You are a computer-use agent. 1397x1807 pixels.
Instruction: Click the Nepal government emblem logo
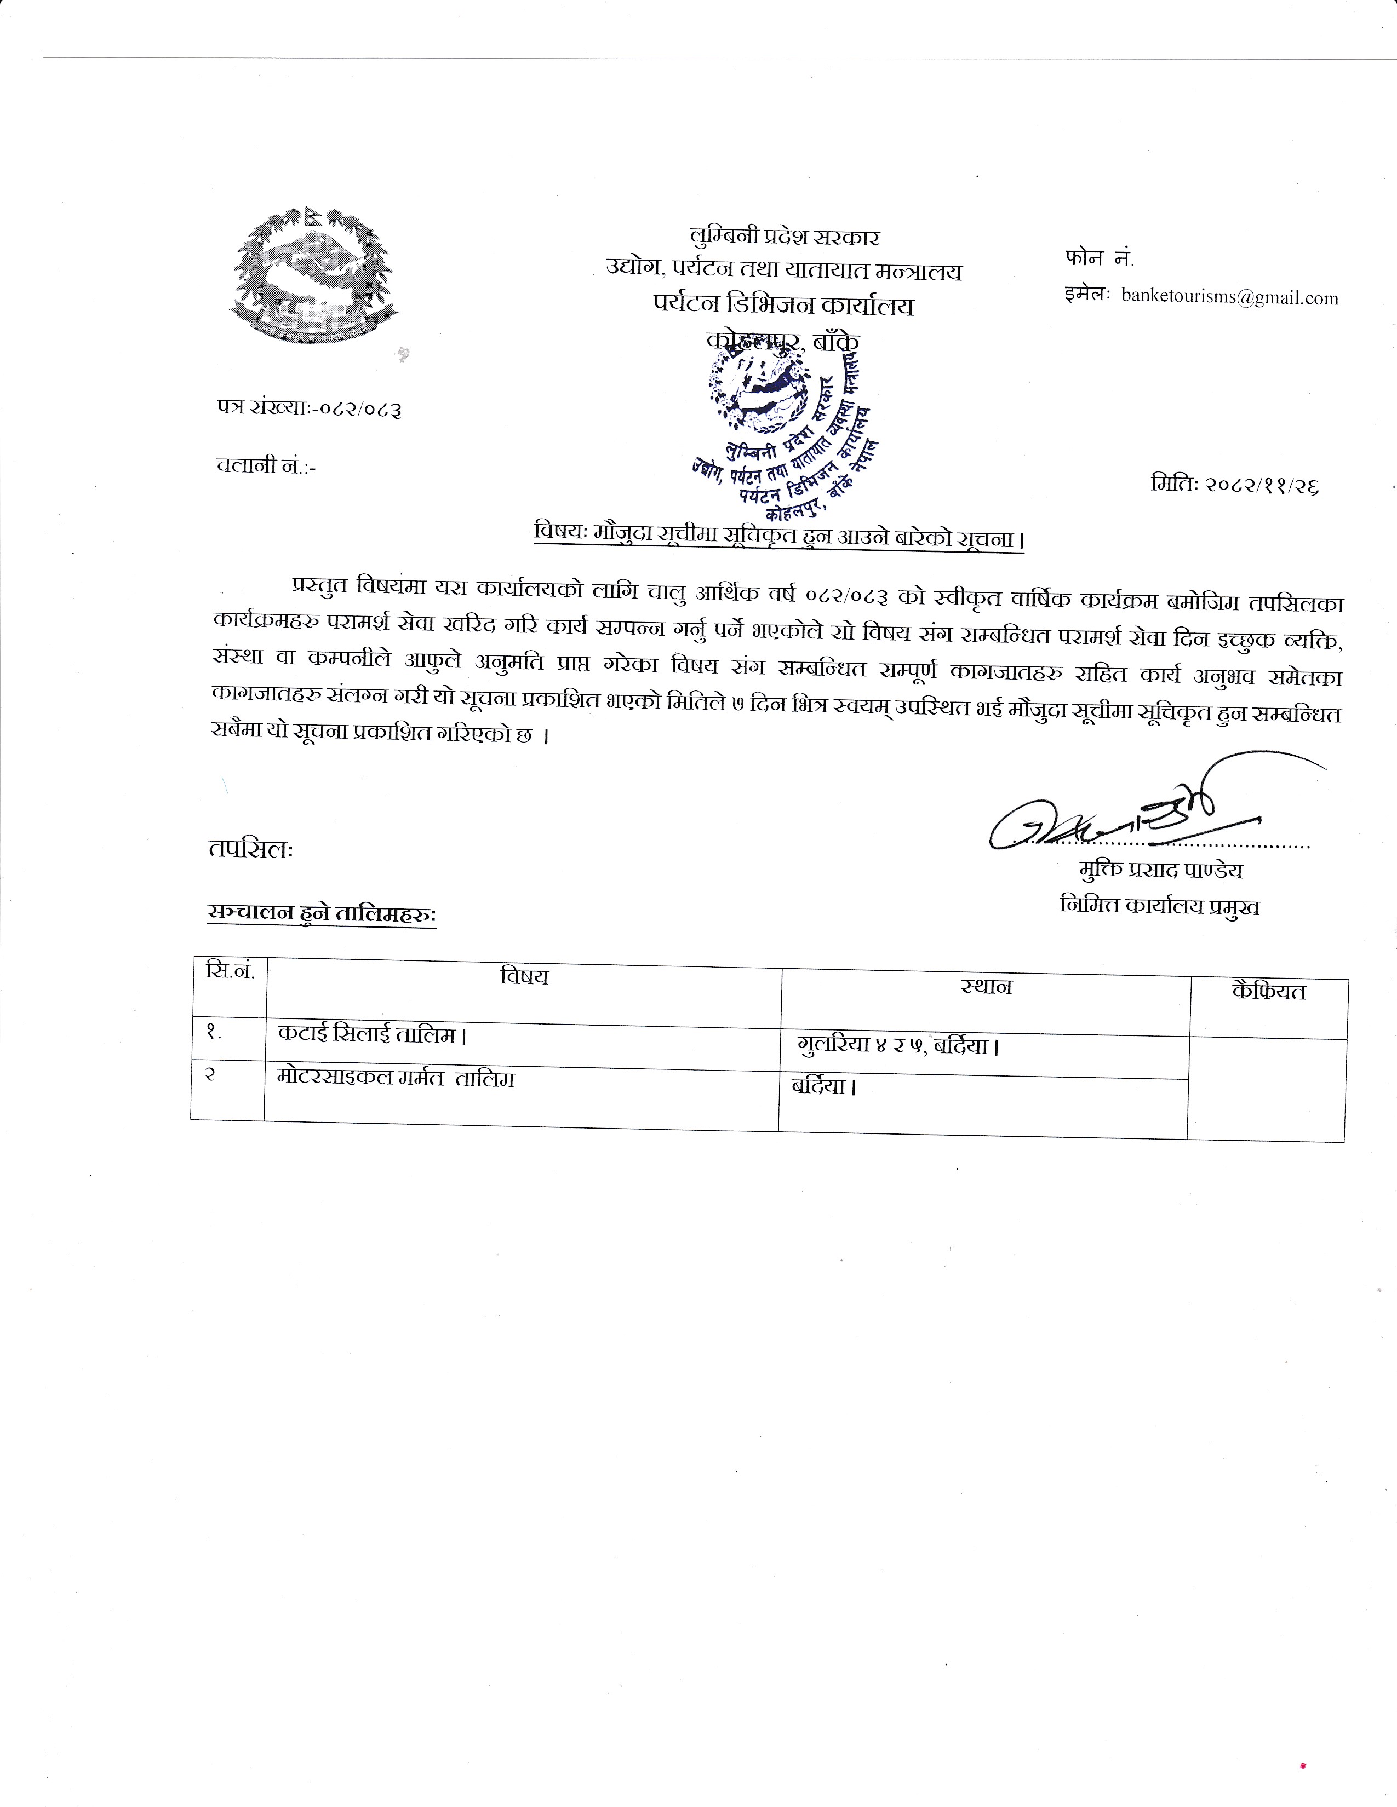(x=314, y=277)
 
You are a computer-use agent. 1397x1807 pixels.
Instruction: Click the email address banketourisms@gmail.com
(x=1229, y=298)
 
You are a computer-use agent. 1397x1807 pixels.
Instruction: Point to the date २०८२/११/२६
(x=1234, y=485)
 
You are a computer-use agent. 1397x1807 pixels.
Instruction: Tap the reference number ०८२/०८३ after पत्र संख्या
(x=362, y=408)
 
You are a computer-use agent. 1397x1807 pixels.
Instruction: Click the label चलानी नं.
(x=265, y=466)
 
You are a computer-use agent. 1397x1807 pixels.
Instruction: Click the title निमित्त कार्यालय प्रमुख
(x=1159, y=906)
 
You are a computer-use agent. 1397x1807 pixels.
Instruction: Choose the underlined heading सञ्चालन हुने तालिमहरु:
(x=321, y=913)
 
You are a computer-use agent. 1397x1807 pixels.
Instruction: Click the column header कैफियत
(x=1268, y=991)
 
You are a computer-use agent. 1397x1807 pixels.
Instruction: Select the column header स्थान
(x=986, y=986)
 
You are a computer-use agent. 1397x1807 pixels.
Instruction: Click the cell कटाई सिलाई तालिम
(x=368, y=1034)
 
